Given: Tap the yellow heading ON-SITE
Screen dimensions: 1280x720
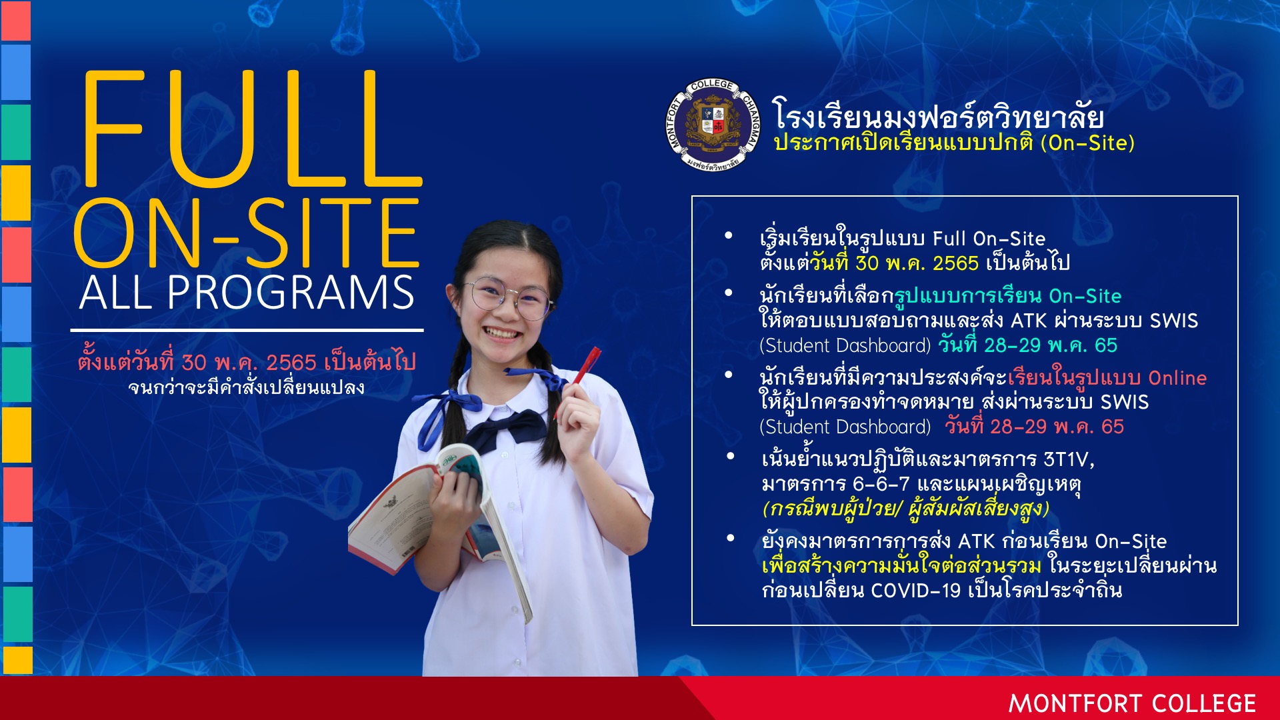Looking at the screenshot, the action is [x=247, y=233].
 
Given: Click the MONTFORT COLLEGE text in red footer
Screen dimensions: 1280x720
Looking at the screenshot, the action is [x=1132, y=704].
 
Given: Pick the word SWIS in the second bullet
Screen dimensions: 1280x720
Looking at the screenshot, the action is [x=1174, y=321].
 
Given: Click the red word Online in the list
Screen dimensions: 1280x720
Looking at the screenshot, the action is [x=1177, y=378].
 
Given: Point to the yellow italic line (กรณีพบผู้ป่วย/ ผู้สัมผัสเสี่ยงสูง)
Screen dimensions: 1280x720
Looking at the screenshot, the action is [x=906, y=508].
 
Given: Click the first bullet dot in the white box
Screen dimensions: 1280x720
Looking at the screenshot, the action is [x=729, y=235].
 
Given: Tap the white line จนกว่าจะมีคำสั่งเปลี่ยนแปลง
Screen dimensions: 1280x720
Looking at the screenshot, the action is [x=247, y=387].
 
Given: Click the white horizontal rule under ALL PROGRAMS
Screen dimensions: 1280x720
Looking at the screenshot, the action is [x=247, y=330].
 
